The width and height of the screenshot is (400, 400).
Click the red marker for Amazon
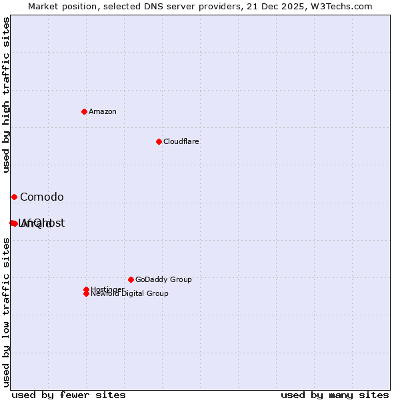pos(84,111)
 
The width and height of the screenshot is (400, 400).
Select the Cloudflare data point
pos(159,141)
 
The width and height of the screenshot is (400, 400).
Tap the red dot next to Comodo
pos(14,197)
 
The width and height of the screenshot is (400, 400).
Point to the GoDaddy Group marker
pos(131,279)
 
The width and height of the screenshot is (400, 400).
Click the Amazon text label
pos(102,111)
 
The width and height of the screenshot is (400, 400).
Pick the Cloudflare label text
pos(181,141)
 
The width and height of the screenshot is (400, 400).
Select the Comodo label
pos(41,197)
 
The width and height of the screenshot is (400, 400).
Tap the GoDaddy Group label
pos(163,279)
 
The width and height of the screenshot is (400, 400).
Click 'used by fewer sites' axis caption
pos(69,395)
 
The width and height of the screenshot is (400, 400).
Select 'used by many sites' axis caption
pos(335,395)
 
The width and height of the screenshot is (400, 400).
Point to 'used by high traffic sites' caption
pos(6,95)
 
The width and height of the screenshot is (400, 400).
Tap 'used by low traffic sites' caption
pos(6,312)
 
